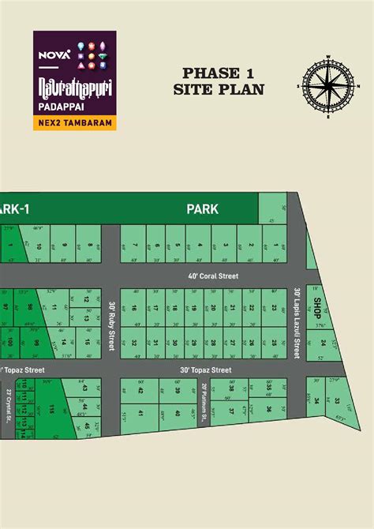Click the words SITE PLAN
point(219,89)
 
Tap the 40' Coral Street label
point(213,276)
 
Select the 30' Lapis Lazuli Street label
point(297,323)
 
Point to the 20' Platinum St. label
point(204,400)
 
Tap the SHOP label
point(316,306)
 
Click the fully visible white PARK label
point(203,209)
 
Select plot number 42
point(140,390)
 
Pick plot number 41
point(140,413)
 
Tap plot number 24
point(322,343)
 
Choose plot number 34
point(318,401)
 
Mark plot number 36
point(270,409)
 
